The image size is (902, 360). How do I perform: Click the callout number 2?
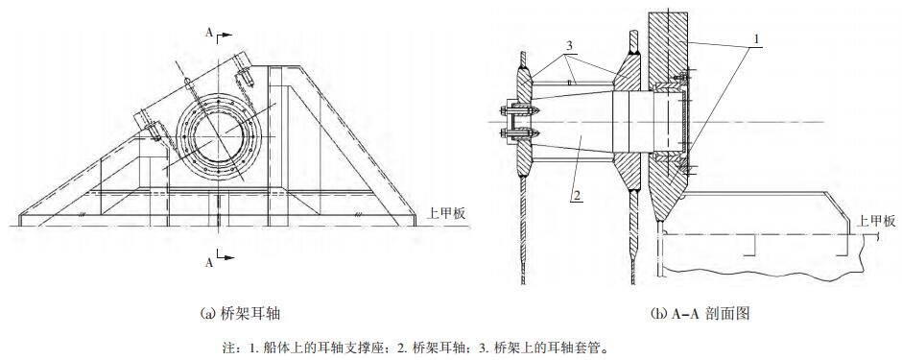click(x=576, y=195)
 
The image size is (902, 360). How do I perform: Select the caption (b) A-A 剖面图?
click(x=700, y=313)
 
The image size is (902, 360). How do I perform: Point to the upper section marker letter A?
click(x=209, y=33)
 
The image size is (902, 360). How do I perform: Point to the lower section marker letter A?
click(x=209, y=263)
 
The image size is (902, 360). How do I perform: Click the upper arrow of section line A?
click(x=225, y=35)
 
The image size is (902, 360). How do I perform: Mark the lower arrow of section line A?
click(x=225, y=256)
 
